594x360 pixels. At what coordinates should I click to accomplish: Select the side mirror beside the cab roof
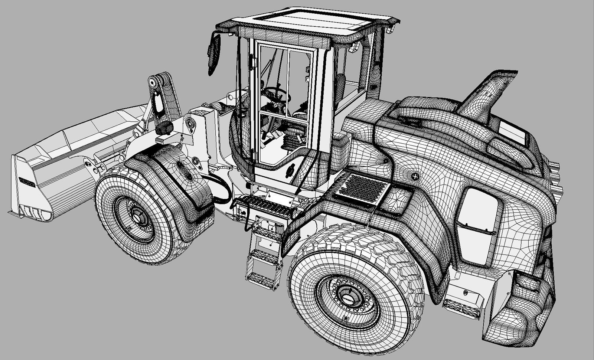click(214, 54)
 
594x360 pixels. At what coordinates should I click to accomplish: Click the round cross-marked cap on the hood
click(415, 177)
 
